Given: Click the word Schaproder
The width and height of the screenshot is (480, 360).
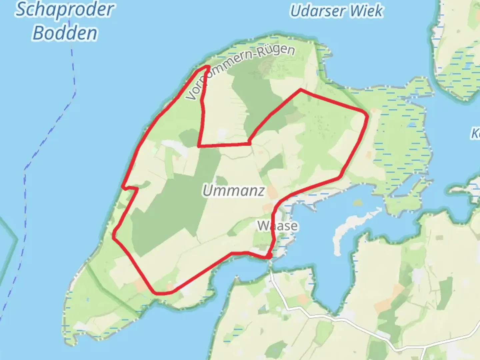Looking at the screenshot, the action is pos(65,10).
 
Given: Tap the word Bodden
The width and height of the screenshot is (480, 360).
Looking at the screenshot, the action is pos(65,33).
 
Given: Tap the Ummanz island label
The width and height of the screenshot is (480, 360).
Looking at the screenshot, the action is pos(234,191).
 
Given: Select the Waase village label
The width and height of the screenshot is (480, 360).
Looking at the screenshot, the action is pos(278,226).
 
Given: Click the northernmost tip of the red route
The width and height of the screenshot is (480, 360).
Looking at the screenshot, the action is pos(208,67).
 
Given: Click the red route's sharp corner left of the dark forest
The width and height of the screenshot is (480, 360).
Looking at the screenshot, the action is pos(199,146).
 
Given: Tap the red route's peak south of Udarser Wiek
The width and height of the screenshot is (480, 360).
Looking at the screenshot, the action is pos(301,89).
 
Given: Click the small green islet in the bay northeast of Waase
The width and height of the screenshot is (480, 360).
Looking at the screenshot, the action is pos(357,203).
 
